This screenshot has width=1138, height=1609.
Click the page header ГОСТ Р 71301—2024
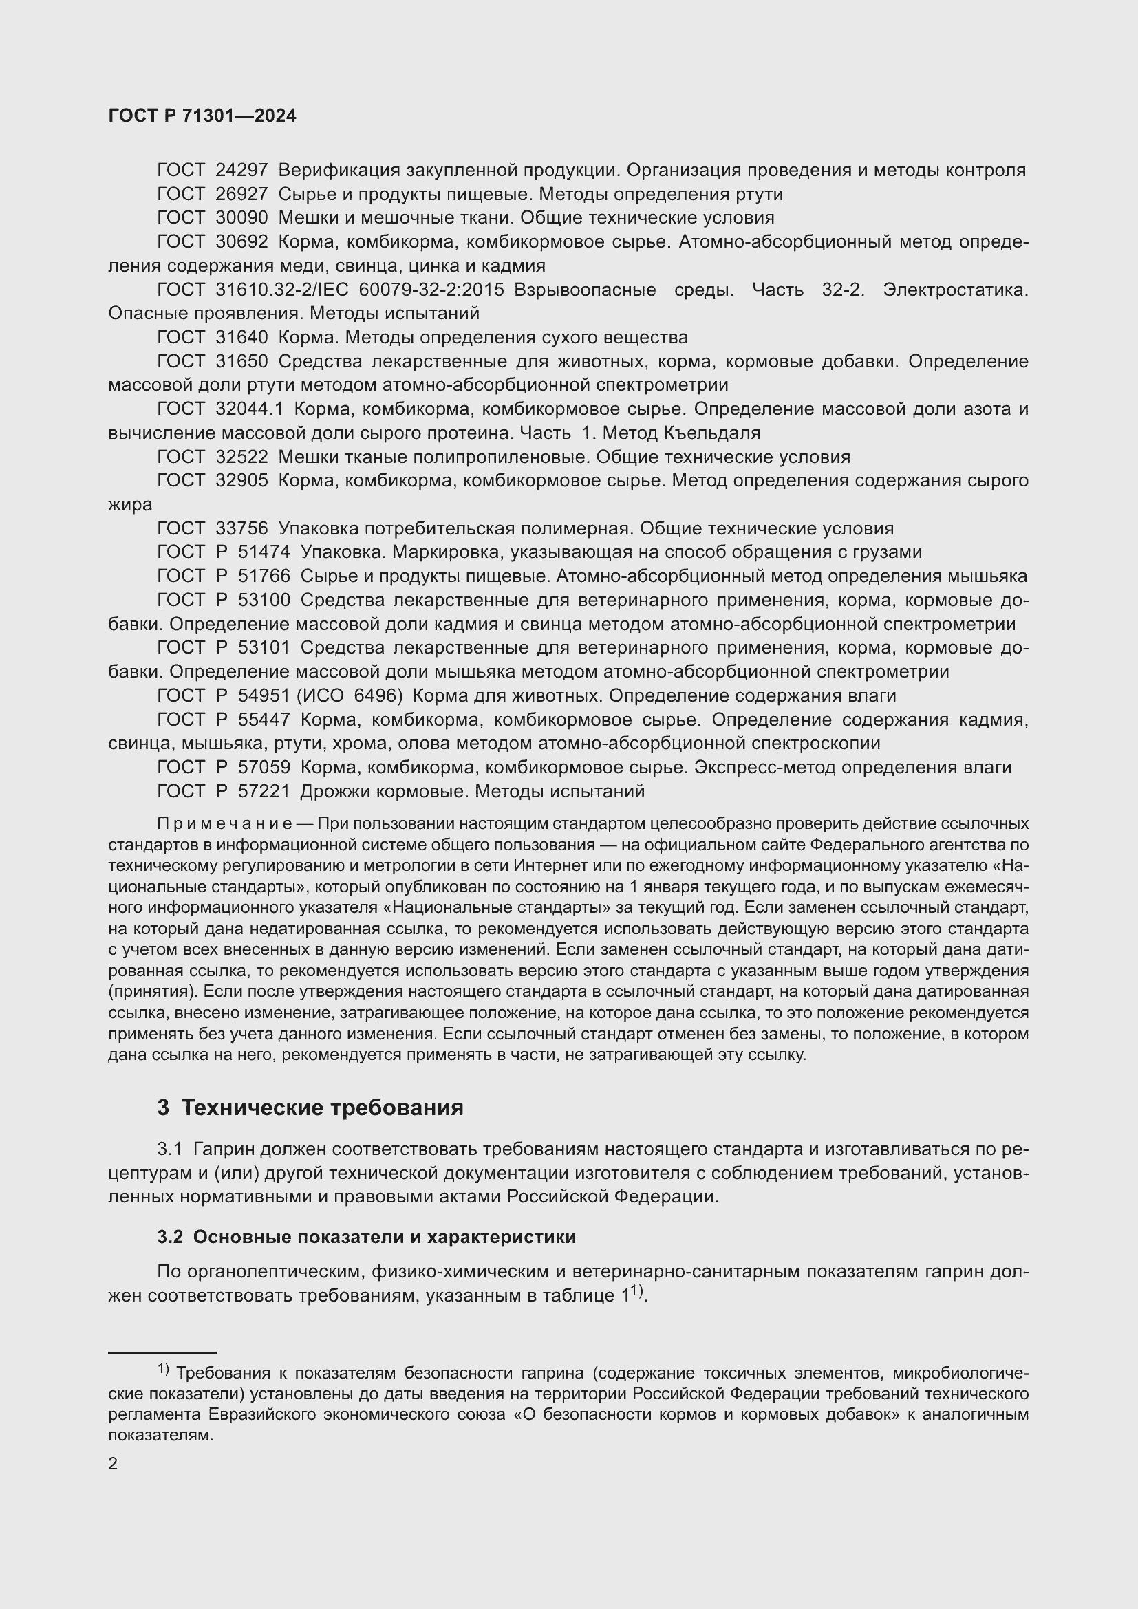[202, 116]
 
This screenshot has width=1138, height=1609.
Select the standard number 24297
[241, 171]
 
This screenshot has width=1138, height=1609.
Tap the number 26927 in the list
[241, 194]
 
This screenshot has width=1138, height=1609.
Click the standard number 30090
[241, 218]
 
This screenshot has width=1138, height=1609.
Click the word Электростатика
[955, 290]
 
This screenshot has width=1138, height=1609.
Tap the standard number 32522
[241, 457]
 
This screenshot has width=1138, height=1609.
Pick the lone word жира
[129, 504]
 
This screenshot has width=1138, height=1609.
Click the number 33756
[241, 528]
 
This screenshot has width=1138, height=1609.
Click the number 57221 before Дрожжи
[264, 791]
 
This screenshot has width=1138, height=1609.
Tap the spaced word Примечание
[224, 823]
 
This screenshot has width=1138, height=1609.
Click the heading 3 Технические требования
[310, 1108]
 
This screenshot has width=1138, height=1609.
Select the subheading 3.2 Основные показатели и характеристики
[367, 1237]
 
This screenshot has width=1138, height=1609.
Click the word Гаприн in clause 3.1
[224, 1149]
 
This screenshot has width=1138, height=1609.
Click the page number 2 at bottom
[113, 1463]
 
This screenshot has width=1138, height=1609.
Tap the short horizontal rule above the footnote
[162, 1352]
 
